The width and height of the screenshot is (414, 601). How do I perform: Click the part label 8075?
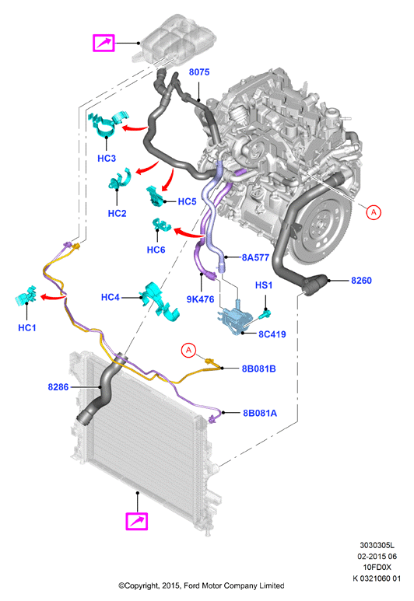[199, 72]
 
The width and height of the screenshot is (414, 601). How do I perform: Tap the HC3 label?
[107, 159]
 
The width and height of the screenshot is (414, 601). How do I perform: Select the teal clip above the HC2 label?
[119, 179]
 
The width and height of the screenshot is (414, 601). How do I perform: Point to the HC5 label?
[187, 201]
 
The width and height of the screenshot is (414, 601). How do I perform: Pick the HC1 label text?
[27, 328]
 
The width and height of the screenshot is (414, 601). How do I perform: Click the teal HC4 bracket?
[160, 301]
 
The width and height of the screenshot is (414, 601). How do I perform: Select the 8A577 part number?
[255, 257]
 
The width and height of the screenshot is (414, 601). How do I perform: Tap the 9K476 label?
[200, 299]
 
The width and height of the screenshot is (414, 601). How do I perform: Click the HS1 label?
[264, 285]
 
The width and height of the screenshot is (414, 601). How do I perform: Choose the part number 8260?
[361, 281]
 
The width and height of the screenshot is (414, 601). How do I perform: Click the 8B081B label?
[258, 369]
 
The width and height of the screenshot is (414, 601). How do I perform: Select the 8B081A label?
[260, 413]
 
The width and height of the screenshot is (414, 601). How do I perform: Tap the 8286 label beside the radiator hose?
[58, 387]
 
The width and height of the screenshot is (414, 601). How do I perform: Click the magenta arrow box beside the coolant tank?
[104, 43]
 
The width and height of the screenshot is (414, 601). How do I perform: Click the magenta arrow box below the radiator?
[137, 521]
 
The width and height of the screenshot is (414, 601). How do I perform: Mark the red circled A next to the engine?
[374, 212]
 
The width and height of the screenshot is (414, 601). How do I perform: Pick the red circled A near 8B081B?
[188, 351]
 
